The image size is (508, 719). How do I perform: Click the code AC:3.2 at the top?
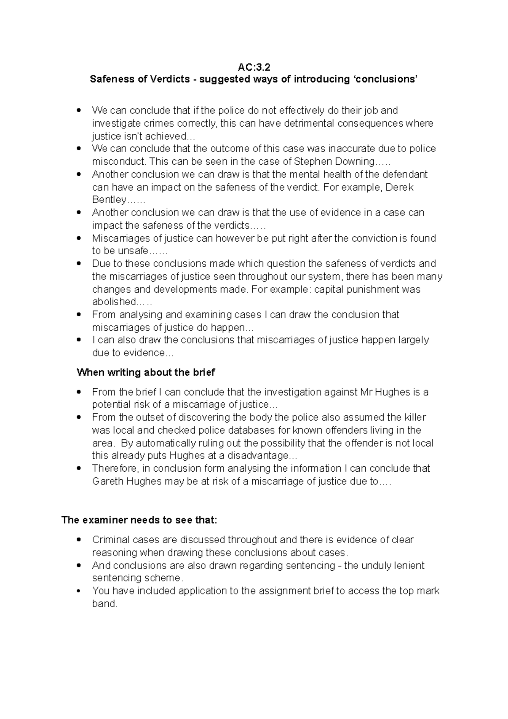pyautogui.click(x=254, y=67)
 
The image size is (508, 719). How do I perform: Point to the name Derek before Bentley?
pyautogui.click(x=401, y=187)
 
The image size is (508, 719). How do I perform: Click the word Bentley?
pyautogui.click(x=109, y=200)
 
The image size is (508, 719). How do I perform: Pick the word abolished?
pyautogui.click(x=114, y=302)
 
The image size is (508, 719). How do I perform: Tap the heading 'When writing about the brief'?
pyautogui.click(x=146, y=373)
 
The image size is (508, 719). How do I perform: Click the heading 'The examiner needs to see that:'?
pyautogui.click(x=139, y=520)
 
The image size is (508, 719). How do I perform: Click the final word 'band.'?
pyautogui.click(x=104, y=604)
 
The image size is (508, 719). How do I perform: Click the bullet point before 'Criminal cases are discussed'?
pyautogui.click(x=78, y=540)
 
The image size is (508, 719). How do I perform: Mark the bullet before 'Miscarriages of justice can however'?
pyautogui.click(x=78, y=239)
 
